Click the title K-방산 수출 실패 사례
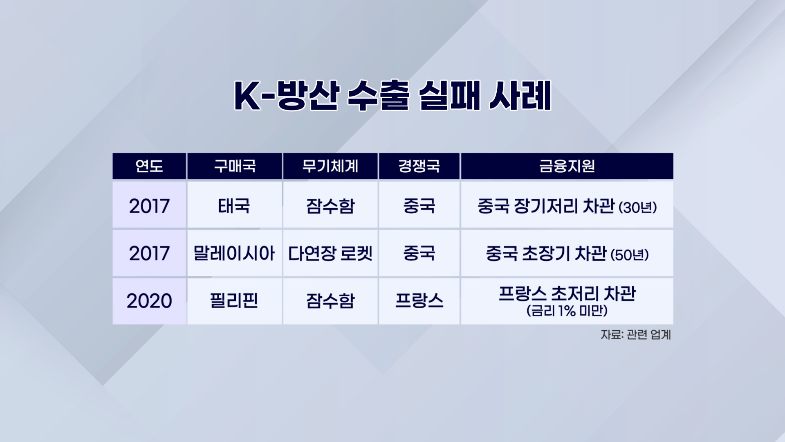click(x=392, y=96)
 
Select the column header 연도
click(x=149, y=166)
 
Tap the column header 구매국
click(x=235, y=166)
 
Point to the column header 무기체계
click(x=330, y=166)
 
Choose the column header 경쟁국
click(x=419, y=166)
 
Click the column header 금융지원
click(x=567, y=166)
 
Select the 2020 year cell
click(x=149, y=301)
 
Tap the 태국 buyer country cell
click(x=234, y=205)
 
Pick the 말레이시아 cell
click(x=234, y=254)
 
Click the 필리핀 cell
click(x=234, y=301)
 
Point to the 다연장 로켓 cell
click(x=330, y=254)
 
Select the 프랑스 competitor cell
click(x=419, y=301)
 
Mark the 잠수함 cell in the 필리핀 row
click(x=330, y=301)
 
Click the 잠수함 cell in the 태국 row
click(x=330, y=205)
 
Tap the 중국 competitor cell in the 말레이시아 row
click(x=419, y=254)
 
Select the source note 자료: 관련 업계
click(x=636, y=335)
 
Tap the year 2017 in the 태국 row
click(x=149, y=206)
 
